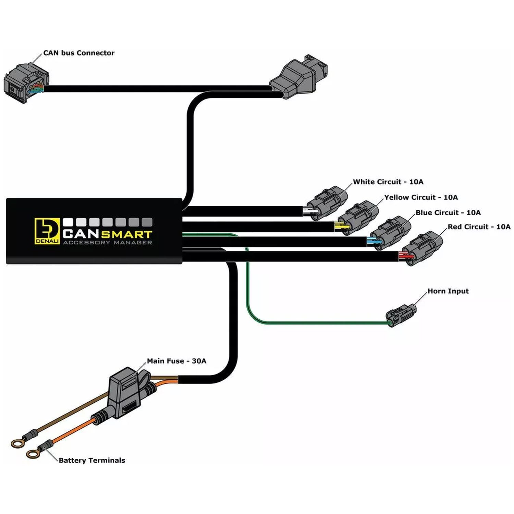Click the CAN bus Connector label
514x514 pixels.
(x=79, y=53)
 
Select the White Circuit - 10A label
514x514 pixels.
(x=388, y=182)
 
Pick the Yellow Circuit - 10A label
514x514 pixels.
(x=421, y=197)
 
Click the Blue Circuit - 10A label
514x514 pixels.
(x=448, y=212)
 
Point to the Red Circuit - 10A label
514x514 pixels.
(x=479, y=227)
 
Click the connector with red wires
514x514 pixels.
(x=421, y=248)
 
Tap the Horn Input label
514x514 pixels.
(x=448, y=291)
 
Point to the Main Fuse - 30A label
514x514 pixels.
(x=176, y=361)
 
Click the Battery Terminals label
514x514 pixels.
(x=92, y=460)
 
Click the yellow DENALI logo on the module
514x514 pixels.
(x=47, y=231)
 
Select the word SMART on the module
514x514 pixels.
(x=127, y=234)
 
